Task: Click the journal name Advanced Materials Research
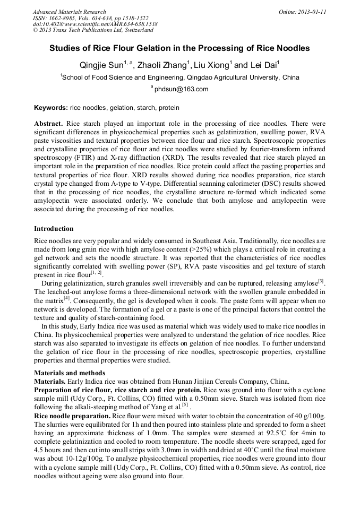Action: (x=69, y=12)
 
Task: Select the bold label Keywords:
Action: (x=51, y=107)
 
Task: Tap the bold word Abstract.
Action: (x=48, y=123)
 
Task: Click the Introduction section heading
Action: (x=54, y=229)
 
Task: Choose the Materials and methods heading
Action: (x=70, y=373)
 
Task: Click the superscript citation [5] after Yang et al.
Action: (x=185, y=404)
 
